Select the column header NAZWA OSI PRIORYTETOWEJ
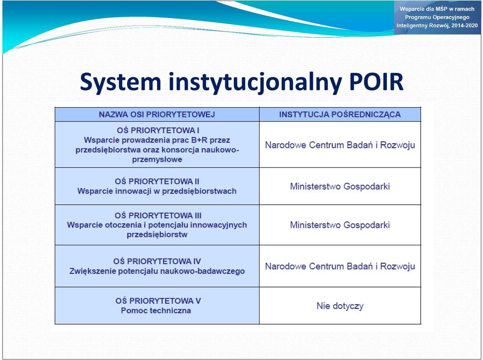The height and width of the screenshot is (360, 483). pyautogui.click(x=157, y=115)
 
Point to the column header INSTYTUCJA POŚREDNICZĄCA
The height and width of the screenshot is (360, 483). pyautogui.click(x=340, y=115)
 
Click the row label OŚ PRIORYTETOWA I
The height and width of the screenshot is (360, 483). pyautogui.click(x=158, y=130)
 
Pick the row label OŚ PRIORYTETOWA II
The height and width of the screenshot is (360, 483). pyautogui.click(x=157, y=182)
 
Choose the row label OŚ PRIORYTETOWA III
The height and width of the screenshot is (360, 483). pyautogui.click(x=158, y=215)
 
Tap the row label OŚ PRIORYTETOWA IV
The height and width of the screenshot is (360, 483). pyautogui.click(x=157, y=261)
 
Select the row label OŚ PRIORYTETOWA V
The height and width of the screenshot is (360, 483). pyautogui.click(x=158, y=301)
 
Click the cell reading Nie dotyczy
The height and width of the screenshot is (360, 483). pyautogui.click(x=340, y=306)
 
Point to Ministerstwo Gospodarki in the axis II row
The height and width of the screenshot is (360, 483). pyautogui.click(x=340, y=187)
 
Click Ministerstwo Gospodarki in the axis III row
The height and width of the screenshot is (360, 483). pyautogui.click(x=340, y=225)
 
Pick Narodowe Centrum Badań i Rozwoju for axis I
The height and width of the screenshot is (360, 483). pyautogui.click(x=340, y=145)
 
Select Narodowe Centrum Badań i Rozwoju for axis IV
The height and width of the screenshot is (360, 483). pyautogui.click(x=340, y=266)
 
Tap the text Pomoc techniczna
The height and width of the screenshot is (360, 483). pyautogui.click(x=156, y=310)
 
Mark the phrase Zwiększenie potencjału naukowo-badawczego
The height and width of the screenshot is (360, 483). pyautogui.click(x=157, y=272)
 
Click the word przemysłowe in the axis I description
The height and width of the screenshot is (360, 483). pyautogui.click(x=157, y=159)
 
